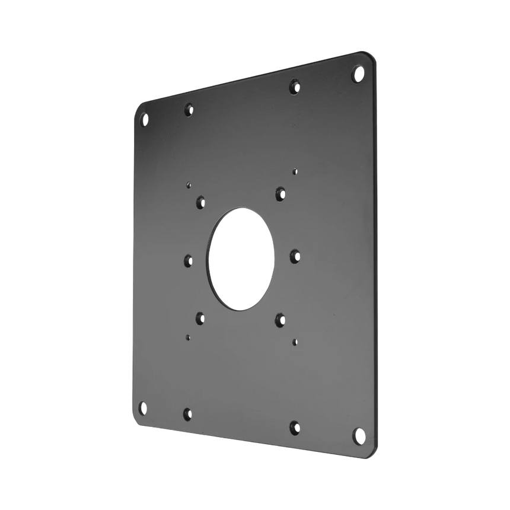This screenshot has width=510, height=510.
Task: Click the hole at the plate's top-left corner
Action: tap(144, 119)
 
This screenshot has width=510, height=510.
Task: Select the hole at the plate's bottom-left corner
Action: tap(142, 408)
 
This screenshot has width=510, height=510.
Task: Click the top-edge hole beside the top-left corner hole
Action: tap(189, 109)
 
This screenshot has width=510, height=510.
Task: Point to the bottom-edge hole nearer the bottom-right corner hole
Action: tap(295, 426)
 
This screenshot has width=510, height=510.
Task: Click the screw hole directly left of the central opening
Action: tap(189, 259)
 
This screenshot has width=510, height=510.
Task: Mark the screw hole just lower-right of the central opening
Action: tap(279, 319)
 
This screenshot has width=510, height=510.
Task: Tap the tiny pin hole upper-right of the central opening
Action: tap(295, 171)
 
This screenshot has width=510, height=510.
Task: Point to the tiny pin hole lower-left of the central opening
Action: tap(187, 337)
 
